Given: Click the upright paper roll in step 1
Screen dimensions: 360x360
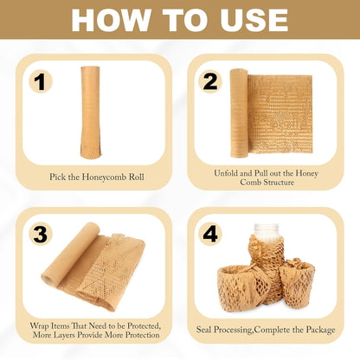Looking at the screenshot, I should click(91, 112).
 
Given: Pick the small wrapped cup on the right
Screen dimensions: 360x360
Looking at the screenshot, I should click(297, 281).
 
